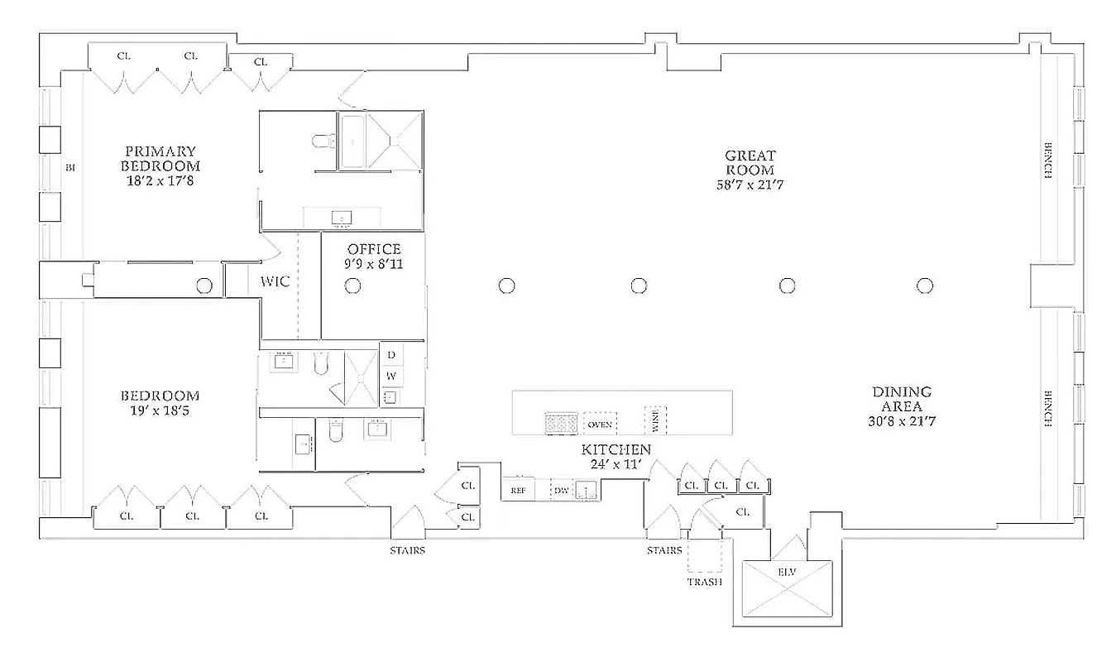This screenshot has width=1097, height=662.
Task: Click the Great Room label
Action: (x=750, y=156)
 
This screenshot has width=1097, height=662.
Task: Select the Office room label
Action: (x=374, y=249)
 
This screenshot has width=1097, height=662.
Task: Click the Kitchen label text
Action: (x=616, y=449)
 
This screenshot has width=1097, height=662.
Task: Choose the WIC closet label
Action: (x=275, y=281)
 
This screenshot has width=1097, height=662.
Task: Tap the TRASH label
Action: (x=704, y=582)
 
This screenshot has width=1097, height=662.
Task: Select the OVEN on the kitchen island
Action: (x=600, y=424)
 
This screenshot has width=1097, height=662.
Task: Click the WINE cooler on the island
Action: (x=655, y=420)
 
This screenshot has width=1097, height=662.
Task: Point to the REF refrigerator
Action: (x=518, y=490)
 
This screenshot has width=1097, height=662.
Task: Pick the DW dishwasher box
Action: (x=562, y=490)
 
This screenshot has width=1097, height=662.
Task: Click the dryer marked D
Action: (x=391, y=354)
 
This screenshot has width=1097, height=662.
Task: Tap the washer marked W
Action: (x=391, y=376)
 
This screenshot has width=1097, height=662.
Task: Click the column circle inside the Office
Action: (x=352, y=285)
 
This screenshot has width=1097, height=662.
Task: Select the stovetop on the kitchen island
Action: (x=560, y=423)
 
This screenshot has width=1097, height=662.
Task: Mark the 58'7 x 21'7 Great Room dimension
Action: (x=750, y=185)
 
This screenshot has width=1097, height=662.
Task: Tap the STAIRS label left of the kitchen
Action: (x=408, y=550)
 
